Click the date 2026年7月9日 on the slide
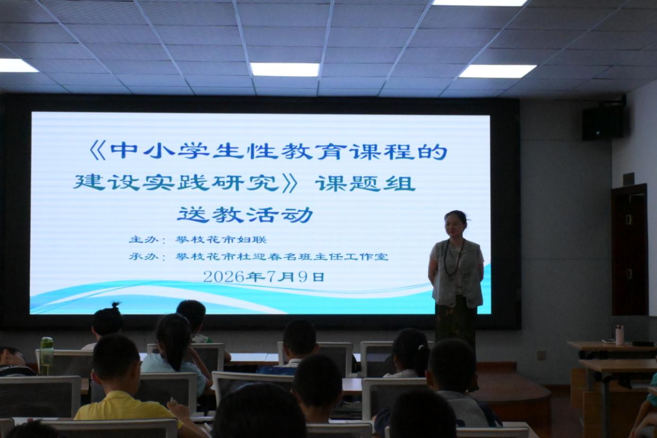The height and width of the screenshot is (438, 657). click(x=264, y=276)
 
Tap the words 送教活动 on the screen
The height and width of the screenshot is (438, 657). click(x=245, y=215)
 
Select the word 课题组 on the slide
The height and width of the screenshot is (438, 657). click(x=365, y=183)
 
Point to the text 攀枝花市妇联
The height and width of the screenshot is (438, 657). click(x=221, y=240)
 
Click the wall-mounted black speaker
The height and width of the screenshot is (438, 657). click(x=603, y=123)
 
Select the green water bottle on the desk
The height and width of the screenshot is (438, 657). click(x=47, y=356)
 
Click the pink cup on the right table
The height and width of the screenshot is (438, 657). click(x=620, y=335)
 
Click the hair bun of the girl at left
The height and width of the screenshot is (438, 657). click(x=116, y=305)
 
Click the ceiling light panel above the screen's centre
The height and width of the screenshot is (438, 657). click(x=284, y=70)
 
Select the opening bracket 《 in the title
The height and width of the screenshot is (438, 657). click(x=97, y=151)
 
